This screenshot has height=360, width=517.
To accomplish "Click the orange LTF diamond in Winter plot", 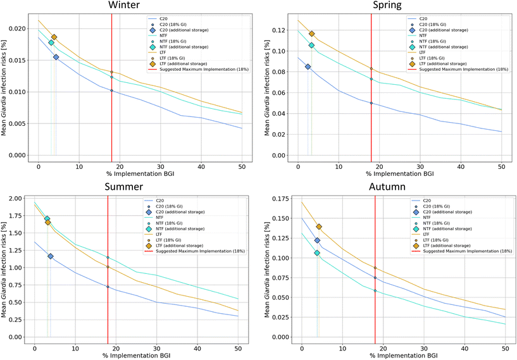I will tap(54, 37).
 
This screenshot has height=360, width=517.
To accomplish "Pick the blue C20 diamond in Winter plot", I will tap(56, 57).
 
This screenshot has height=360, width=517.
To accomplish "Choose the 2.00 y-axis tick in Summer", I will tap(13, 199).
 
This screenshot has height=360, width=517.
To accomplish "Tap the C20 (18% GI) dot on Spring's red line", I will tap(371, 103).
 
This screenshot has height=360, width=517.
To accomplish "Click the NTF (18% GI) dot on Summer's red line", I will tap(108, 258).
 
